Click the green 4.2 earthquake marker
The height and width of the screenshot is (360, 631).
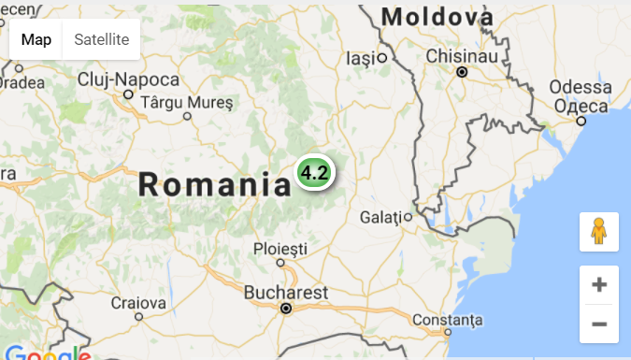click(x=314, y=172)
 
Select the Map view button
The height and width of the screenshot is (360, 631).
click(x=36, y=39)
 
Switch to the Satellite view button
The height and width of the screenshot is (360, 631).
click(x=102, y=39)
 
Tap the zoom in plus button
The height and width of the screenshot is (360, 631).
click(x=599, y=285)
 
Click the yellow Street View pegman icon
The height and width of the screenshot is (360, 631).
click(x=599, y=232)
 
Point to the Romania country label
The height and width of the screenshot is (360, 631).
click(x=215, y=184)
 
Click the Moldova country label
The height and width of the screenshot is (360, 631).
click(x=437, y=17)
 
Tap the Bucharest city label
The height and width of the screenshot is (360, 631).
click(x=286, y=293)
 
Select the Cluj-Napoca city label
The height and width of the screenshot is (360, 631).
click(x=129, y=79)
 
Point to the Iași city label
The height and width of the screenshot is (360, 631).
click(x=360, y=58)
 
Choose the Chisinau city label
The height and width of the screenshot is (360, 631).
click(x=460, y=56)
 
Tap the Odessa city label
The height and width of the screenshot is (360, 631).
click(x=581, y=87)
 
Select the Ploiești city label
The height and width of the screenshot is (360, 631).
click(x=280, y=249)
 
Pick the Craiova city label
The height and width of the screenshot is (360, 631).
click(x=138, y=303)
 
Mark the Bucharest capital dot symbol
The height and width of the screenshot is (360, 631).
click(x=286, y=308)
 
